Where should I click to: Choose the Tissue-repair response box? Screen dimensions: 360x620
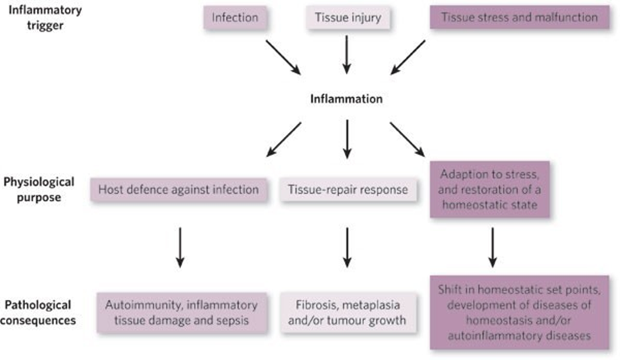click(x=346, y=190)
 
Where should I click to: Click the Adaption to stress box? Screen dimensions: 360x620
click(x=488, y=189)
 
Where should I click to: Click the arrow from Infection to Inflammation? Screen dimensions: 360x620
click(x=282, y=57)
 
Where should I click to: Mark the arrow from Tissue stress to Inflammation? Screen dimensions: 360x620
click(x=408, y=57)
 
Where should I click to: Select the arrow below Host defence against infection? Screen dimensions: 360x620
click(x=178, y=250)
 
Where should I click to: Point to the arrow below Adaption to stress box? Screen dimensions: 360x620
click(x=490, y=248)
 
